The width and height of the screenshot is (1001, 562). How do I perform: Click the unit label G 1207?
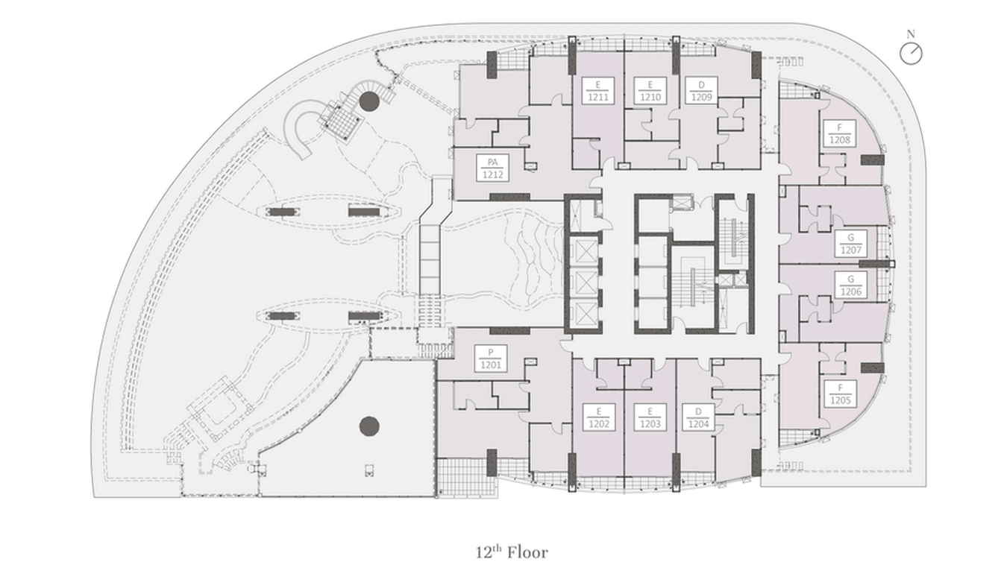tap(851, 244)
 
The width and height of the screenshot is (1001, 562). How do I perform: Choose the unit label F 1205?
tap(839, 394)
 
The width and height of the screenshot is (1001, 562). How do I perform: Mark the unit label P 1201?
tap(492, 359)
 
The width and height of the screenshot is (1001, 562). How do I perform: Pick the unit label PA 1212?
tap(492, 168)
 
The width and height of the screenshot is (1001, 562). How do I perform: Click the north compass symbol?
tap(911, 53)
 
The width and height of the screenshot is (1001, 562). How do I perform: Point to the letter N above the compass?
tap(910, 34)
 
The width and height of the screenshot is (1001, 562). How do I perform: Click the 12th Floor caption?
tap(512, 552)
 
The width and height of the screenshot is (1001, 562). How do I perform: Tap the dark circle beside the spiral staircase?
tap(368, 101)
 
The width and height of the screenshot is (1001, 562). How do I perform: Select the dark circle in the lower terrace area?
tap(369, 426)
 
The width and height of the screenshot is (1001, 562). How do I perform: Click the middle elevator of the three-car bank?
tap(583, 284)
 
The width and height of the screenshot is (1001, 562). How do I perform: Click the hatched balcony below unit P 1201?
tap(461, 478)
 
